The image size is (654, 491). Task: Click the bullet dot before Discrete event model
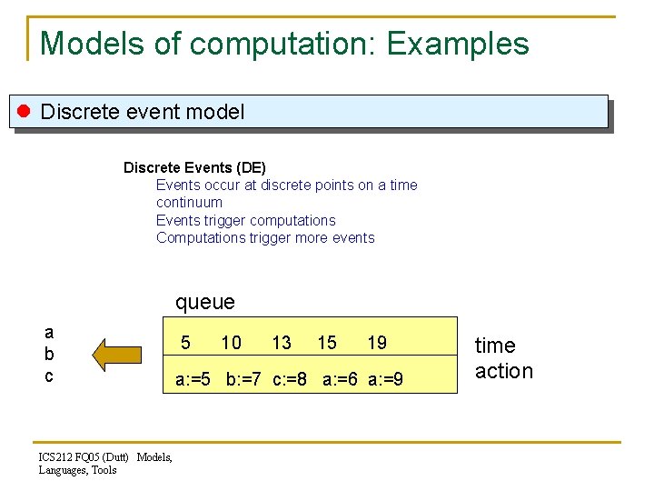pos(25,112)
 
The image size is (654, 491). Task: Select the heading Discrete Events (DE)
pos(194,167)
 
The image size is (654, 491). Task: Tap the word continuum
pos(189,203)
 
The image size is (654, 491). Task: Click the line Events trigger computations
pos(245,220)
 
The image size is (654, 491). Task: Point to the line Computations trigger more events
pos(265,238)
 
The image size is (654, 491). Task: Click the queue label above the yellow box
pos(204,302)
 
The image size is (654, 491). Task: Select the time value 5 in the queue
pos(185,343)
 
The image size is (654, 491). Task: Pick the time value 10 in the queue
pos(232,343)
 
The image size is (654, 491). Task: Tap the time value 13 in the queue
pos(282,343)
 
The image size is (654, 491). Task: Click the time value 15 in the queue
pos(327,343)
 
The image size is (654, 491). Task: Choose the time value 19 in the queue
pos(377,343)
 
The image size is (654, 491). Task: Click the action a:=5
pos(193,378)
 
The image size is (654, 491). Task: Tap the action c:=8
pos(292,378)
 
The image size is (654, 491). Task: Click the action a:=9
pos(386,378)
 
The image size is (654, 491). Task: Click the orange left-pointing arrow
pos(118,355)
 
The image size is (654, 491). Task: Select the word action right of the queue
pos(504,371)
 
